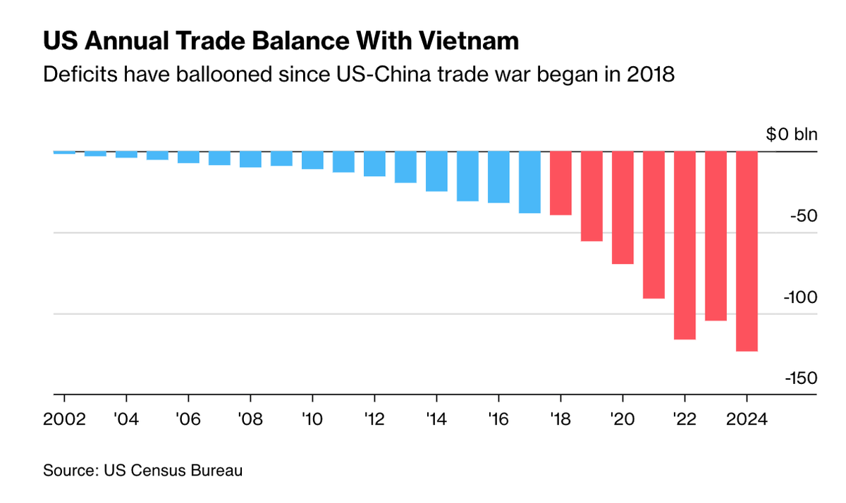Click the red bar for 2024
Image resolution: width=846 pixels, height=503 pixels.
click(x=747, y=251)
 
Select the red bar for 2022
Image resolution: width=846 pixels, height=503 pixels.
click(x=685, y=245)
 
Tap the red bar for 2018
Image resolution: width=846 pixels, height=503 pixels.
click(x=560, y=183)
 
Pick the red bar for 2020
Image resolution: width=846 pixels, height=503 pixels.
click(x=623, y=208)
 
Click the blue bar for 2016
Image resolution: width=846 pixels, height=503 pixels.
click(x=498, y=177)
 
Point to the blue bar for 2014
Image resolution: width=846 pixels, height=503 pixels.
click(x=436, y=171)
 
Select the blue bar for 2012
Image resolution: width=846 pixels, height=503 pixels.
click(x=374, y=163)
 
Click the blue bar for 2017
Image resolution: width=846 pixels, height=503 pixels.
click(x=529, y=182)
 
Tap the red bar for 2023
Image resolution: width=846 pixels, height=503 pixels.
click(x=716, y=236)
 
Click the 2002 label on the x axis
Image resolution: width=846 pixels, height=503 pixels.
click(x=64, y=418)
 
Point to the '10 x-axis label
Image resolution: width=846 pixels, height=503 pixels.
click(x=312, y=418)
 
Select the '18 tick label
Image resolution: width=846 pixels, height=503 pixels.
click(x=560, y=418)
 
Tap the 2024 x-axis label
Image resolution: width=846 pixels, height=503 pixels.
click(x=747, y=418)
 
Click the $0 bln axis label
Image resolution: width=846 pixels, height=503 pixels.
click(x=791, y=135)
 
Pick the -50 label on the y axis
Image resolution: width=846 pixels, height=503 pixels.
click(x=802, y=216)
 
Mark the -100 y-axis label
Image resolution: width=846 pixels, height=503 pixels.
click(x=799, y=297)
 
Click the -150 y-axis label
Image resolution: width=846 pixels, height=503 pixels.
click(x=799, y=378)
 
